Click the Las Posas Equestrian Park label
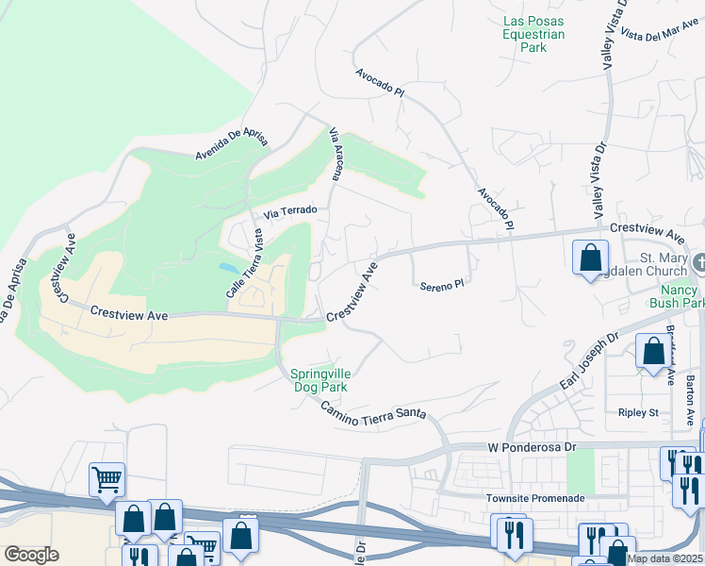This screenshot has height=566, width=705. click(533, 34)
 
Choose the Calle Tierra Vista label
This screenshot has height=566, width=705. click(243, 265)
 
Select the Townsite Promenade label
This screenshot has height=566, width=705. click(535, 498)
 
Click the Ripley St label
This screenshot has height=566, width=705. click(638, 412)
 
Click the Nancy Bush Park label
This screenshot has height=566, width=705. click(677, 296)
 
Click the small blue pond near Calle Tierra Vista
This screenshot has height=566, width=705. click(228, 269)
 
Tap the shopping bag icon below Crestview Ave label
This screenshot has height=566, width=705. click(589, 257)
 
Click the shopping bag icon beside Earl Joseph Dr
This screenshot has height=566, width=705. click(652, 351)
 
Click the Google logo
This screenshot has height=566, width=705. click(31, 554)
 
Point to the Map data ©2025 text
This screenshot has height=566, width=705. click(664, 558)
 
